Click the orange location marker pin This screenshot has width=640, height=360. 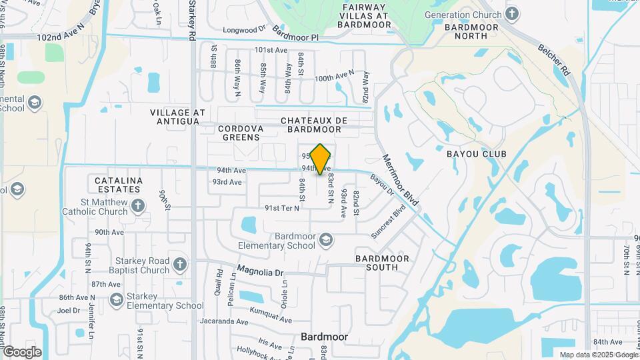pos(321,159)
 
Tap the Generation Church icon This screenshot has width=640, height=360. pos(512,13)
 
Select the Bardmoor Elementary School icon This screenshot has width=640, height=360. pos(326,239)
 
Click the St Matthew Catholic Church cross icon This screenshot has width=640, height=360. pos(137,205)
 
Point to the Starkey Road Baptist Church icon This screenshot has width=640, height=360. pos(179,265)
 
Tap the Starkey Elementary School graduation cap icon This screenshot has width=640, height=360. pos(117,300)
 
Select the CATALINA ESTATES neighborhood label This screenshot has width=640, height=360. pos(118,185)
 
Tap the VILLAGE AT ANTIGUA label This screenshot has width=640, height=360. pos(175,117)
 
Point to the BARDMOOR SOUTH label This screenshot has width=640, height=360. pos(386,263)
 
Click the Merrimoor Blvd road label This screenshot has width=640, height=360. pos(400,179)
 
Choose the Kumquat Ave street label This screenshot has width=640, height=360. pos(271,312)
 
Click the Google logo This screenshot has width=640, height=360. pos(21,351)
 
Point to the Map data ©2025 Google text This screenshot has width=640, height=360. pos(598,355)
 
